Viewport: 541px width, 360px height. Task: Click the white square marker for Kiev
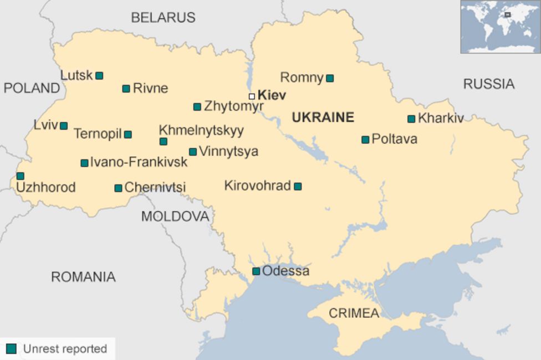[x=252, y=96]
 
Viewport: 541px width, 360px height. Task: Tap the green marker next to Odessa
[x=256, y=271]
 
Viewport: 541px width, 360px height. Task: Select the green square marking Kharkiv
[x=411, y=119]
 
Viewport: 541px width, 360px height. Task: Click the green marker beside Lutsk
[x=99, y=76]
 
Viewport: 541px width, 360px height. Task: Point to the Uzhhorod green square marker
[x=21, y=176]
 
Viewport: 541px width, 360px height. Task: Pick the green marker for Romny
[x=330, y=79]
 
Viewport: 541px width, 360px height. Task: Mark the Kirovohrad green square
[x=298, y=187]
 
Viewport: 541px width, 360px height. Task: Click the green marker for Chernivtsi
[x=118, y=188]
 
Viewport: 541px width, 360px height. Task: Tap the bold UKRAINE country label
[x=323, y=117]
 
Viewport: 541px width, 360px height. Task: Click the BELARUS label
[x=163, y=18]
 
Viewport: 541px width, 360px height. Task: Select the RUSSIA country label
[x=488, y=84]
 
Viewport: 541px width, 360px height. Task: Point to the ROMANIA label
[x=83, y=277]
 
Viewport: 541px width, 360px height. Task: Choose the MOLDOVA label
[x=175, y=217]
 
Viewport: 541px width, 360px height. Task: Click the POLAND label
[x=32, y=88]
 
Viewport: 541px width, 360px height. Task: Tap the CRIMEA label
[x=354, y=313]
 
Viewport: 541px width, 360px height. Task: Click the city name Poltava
[x=394, y=139]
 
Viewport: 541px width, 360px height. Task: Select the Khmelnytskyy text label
[x=201, y=130]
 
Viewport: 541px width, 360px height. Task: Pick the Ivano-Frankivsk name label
[x=139, y=162]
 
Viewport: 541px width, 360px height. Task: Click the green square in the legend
[x=11, y=348]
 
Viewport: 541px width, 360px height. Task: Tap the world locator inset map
[x=500, y=27]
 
